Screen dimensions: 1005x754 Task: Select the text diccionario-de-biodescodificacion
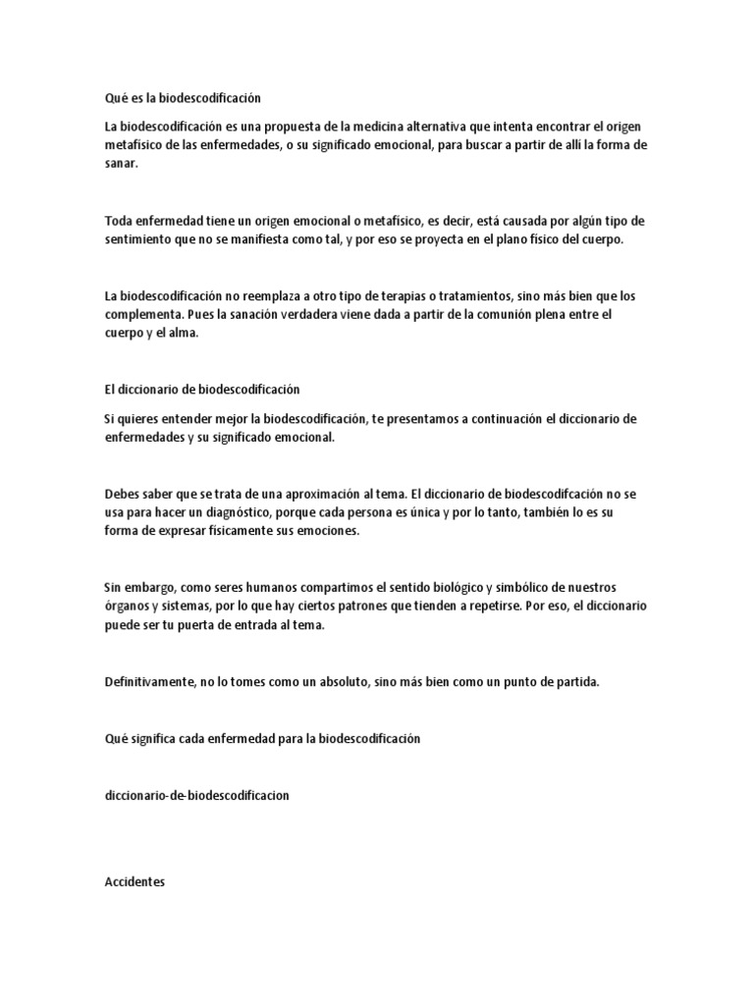click(x=196, y=797)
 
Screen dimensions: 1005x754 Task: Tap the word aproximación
click(x=319, y=494)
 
